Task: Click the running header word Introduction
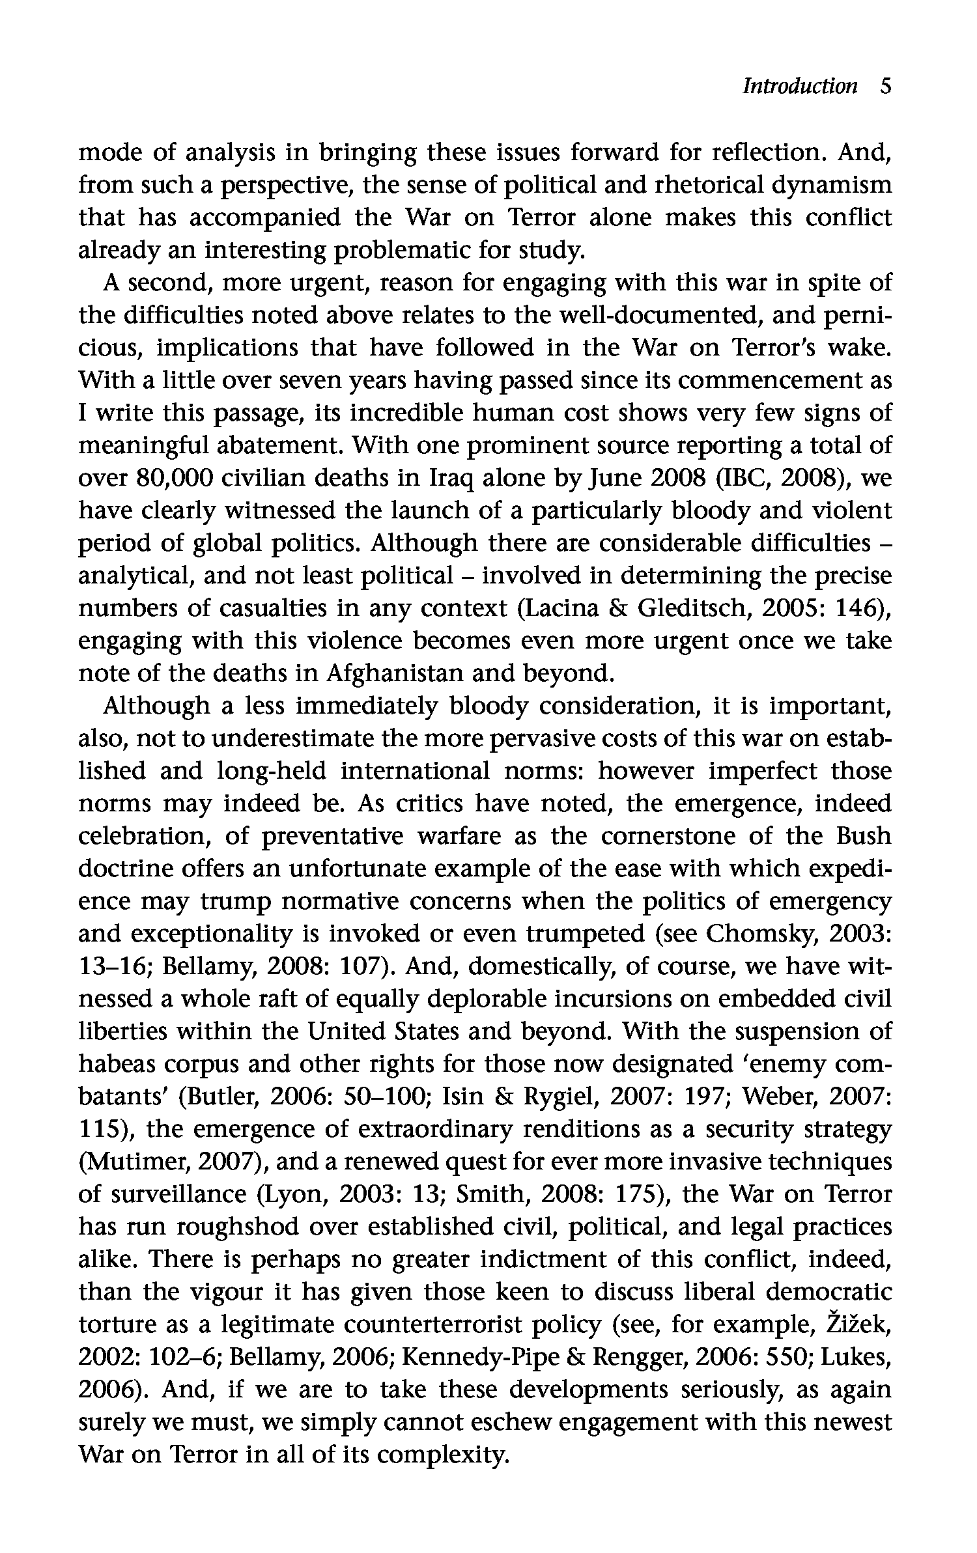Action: click(x=800, y=87)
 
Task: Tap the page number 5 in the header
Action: click(x=885, y=87)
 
